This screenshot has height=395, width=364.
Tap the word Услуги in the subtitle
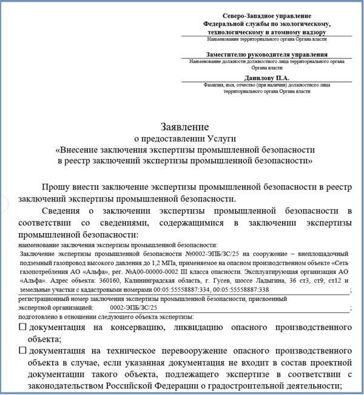210,138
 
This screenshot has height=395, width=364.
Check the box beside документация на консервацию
23,327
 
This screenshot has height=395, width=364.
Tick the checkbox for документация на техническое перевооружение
23,351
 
